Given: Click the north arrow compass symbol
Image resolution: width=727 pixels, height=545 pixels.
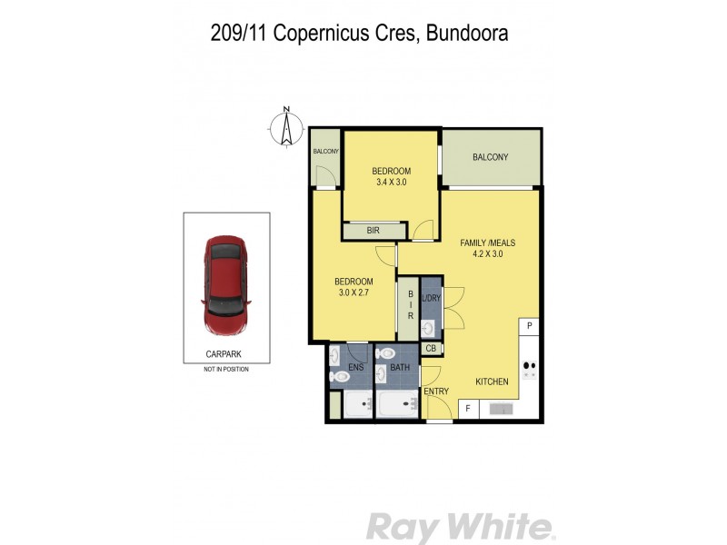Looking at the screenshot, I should coord(285,127).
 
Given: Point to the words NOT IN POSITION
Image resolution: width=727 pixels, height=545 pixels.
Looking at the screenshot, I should coord(226,370).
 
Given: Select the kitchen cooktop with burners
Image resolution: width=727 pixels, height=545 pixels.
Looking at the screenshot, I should coord(529,369).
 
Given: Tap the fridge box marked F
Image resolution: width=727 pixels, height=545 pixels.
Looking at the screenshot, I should coord(468,410).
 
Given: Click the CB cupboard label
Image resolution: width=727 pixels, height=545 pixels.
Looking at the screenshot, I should coord(431,349).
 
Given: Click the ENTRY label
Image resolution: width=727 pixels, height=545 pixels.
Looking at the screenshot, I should coord(437,391).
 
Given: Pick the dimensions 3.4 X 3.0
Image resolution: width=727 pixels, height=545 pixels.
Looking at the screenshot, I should coord(392,183).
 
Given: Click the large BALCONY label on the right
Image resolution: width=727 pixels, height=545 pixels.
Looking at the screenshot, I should coord(491,158).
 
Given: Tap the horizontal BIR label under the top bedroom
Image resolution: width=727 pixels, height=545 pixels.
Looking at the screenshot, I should coord(373,231).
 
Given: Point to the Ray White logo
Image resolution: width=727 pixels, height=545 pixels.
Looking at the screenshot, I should coord(460,527).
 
